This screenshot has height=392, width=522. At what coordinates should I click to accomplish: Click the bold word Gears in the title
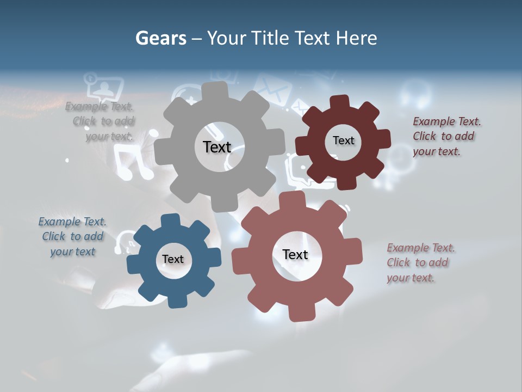click(x=160, y=38)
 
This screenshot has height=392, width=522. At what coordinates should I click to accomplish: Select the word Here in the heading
click(x=356, y=38)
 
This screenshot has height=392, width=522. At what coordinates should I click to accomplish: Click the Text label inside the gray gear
click(x=217, y=147)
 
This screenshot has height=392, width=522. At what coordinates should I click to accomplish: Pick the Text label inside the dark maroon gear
click(x=343, y=140)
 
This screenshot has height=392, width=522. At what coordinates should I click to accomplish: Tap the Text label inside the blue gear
click(x=172, y=259)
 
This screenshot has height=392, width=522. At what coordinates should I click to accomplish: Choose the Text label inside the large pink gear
click(x=295, y=254)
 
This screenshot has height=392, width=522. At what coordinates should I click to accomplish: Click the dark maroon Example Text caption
click(x=446, y=136)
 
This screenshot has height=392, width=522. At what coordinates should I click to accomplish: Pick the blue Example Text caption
click(x=72, y=236)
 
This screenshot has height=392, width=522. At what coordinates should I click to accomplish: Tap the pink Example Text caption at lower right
click(x=420, y=262)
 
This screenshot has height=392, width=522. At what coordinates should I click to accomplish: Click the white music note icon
click(x=134, y=164)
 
